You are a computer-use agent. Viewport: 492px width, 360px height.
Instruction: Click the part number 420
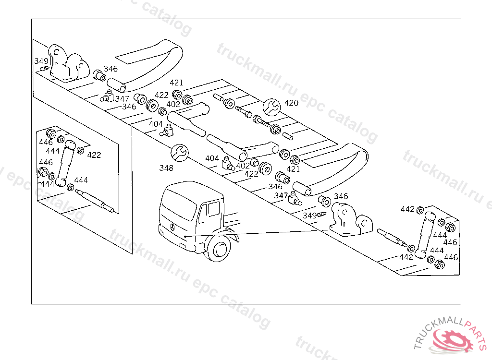pos(291,103)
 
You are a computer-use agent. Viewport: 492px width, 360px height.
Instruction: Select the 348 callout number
pos(166,168)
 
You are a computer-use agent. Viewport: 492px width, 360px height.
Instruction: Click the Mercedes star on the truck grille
pos(171,226)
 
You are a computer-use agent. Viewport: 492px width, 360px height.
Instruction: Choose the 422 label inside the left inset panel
pos(94,155)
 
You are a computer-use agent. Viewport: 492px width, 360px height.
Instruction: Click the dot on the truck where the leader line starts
pos(184,237)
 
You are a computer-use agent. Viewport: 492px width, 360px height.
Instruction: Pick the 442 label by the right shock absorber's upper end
pos(407,209)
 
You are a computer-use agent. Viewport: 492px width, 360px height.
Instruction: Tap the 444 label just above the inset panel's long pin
pos(81,180)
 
